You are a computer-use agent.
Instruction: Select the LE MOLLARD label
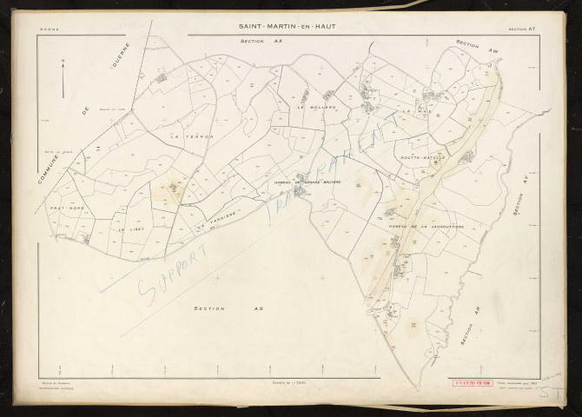click(x=310, y=108)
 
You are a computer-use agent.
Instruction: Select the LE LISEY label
click(x=131, y=229)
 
